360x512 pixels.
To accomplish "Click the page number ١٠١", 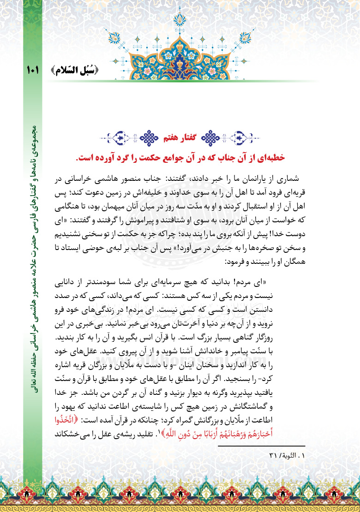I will coord(33,71).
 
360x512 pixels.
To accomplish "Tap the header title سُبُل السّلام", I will coord(76,71).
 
